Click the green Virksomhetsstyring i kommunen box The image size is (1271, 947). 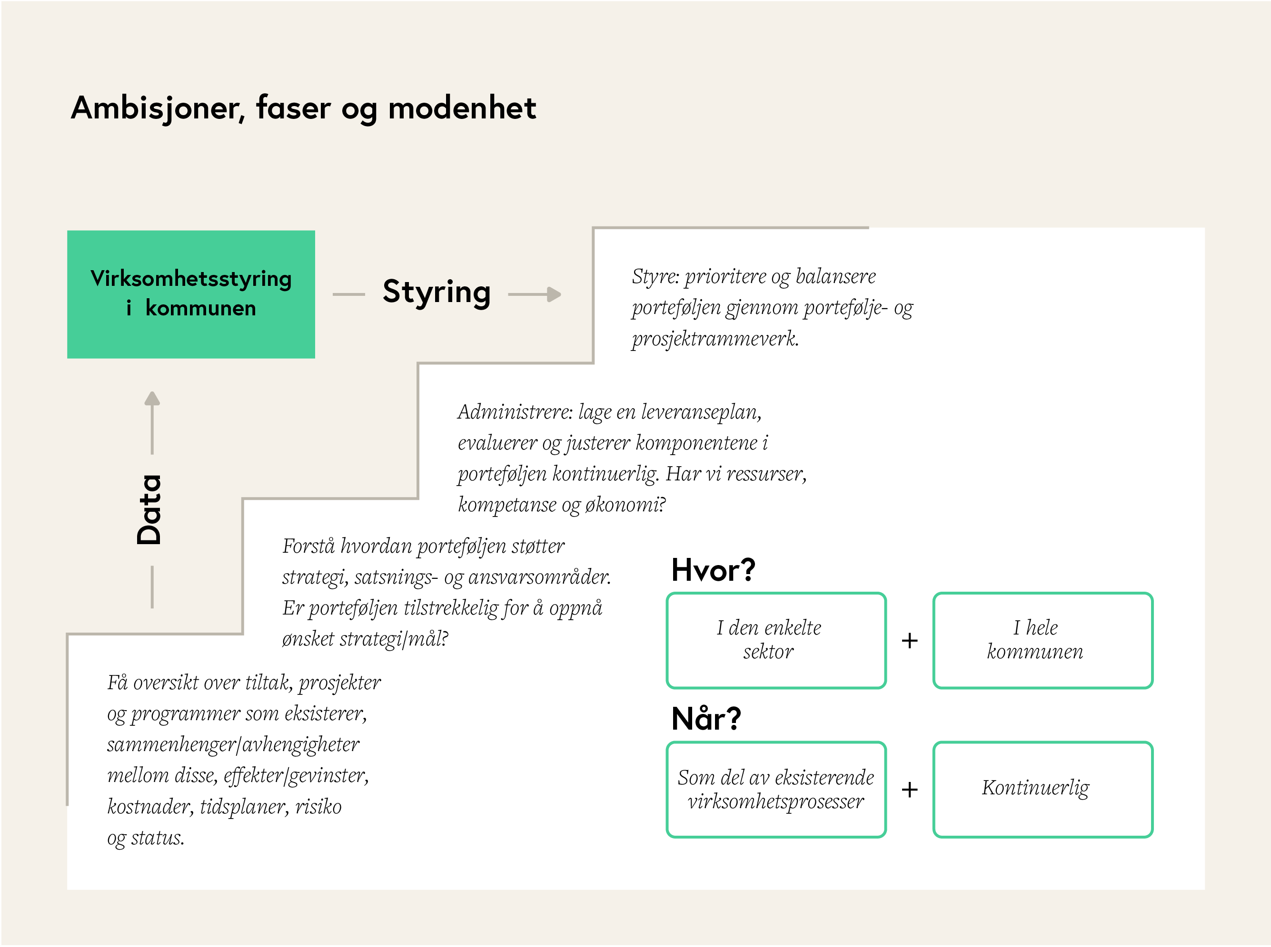click(x=191, y=294)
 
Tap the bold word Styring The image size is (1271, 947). click(x=437, y=293)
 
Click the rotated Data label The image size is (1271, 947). click(x=149, y=509)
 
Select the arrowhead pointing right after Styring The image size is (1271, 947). click(x=554, y=294)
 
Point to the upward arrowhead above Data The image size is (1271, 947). click(x=152, y=398)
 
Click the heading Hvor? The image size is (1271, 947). click(x=713, y=570)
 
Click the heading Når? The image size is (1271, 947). click(x=706, y=718)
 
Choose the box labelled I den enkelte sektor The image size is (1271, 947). click(x=776, y=640)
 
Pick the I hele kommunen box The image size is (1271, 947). click(x=1043, y=640)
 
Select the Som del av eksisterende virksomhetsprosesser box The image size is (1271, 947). click(x=776, y=790)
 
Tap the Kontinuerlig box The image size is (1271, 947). click(x=1043, y=790)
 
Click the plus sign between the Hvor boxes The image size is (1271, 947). click(x=910, y=640)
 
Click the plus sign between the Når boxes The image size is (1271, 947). click(x=910, y=790)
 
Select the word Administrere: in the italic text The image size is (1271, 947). click(x=515, y=411)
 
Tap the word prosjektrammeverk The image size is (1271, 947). click(x=715, y=339)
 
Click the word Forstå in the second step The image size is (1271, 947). click(x=308, y=546)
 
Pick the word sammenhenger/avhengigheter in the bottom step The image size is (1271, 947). click(x=233, y=745)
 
